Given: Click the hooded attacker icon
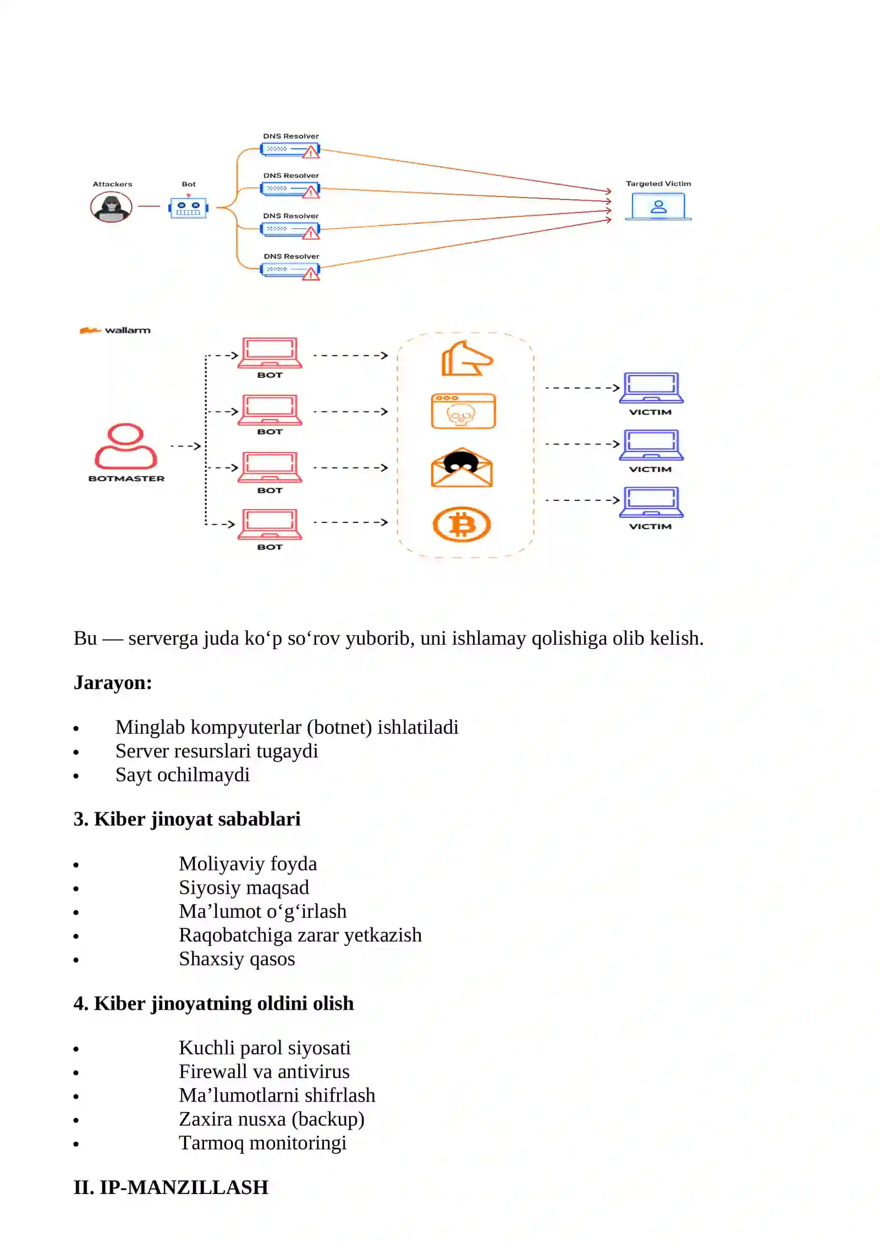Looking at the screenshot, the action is click(111, 207).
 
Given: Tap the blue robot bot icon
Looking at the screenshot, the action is click(189, 207).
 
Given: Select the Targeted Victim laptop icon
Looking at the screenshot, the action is click(658, 206).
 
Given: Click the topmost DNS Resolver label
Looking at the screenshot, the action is click(291, 136).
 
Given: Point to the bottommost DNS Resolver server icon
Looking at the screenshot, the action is click(290, 271).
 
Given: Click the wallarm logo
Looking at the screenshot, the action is click(116, 330).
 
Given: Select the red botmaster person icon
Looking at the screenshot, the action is click(126, 445).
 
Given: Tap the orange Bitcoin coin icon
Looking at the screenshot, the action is click(462, 524).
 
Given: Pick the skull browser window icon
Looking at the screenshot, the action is click(463, 411).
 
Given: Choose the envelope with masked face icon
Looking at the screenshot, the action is click(462, 467).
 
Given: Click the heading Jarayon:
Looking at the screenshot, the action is click(113, 682).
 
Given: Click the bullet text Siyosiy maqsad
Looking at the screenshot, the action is click(244, 887).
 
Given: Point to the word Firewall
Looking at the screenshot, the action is click(216, 1071).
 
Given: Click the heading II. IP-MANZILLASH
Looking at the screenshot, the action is click(171, 1187).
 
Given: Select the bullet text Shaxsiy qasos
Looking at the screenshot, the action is click(237, 959).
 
